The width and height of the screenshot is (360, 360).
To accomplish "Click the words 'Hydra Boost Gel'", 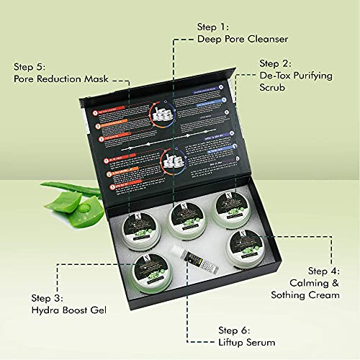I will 69,312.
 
